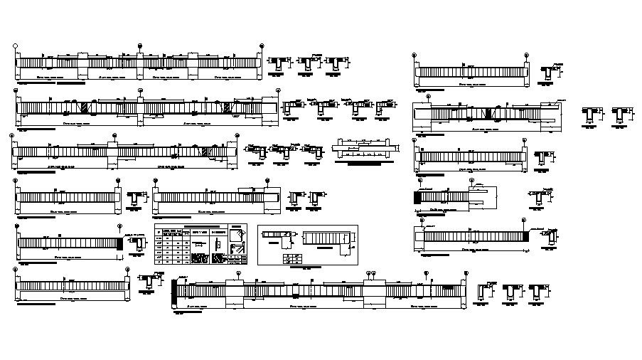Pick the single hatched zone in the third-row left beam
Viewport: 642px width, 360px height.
click(205, 152)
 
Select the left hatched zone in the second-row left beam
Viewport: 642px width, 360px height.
click(84, 108)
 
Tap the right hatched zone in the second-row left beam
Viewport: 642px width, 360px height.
click(227, 108)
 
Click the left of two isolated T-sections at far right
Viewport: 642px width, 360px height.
click(589, 115)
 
